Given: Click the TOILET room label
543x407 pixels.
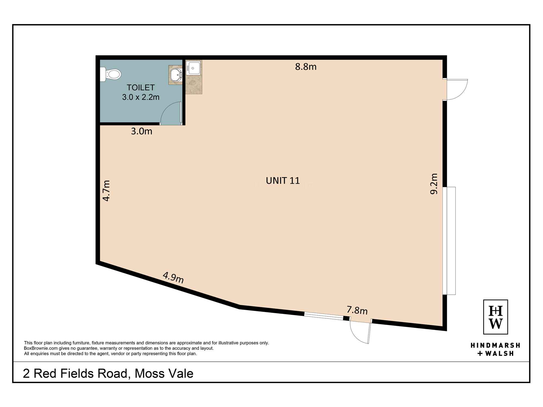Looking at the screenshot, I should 141,88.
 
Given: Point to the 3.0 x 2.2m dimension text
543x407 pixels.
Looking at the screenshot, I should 141,97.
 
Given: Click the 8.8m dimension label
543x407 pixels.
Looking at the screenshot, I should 306,67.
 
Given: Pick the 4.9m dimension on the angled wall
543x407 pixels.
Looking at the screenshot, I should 173,278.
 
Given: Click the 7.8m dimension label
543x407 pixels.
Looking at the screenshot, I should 357,310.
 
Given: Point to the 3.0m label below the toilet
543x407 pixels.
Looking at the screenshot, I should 141,131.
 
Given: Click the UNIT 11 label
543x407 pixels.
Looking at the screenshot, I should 283,181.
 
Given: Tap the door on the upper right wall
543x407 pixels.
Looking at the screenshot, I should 456,90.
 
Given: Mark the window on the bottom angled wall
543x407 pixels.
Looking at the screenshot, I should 323,316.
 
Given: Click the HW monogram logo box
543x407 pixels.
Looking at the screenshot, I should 495,317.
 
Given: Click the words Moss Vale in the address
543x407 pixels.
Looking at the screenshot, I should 164,374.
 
